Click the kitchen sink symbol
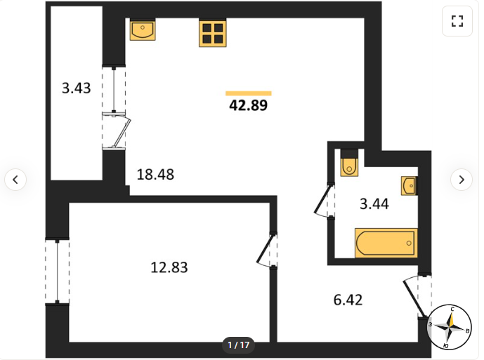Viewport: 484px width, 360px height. click(143, 29)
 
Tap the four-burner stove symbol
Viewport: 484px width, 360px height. click(213, 33)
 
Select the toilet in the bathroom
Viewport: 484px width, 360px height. click(349, 163)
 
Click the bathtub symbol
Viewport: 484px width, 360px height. click(386, 243)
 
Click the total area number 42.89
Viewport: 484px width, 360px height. click(248, 105)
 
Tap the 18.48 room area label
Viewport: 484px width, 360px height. click(155, 175)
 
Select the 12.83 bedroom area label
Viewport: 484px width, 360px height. click(169, 267)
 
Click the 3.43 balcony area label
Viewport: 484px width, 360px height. click(77, 88)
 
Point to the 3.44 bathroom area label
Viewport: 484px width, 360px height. click(374, 204)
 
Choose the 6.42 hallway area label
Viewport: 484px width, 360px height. click(348, 300)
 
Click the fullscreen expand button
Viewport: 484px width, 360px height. click(457, 21)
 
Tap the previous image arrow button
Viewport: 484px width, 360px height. click(15, 180)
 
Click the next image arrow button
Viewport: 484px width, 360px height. click(462, 180)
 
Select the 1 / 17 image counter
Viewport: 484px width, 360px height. click(238, 345)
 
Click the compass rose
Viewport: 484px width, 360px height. click(450, 327)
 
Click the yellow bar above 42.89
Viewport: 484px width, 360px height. click(249, 93)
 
